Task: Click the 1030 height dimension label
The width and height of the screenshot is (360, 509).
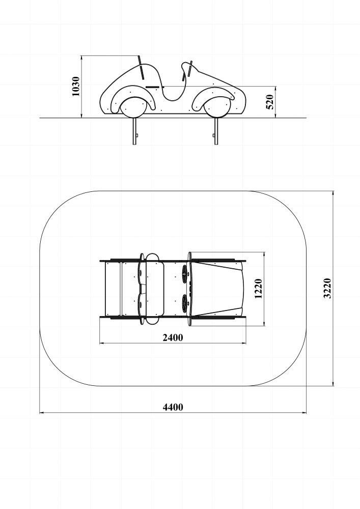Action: pyautogui.click(x=76, y=87)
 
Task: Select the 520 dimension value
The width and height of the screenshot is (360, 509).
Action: pyautogui.click(x=270, y=102)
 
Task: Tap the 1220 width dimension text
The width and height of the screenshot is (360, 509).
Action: pyautogui.click(x=258, y=289)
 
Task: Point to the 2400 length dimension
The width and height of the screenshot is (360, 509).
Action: pyautogui.click(x=173, y=337)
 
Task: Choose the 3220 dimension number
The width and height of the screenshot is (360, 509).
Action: pyautogui.click(x=327, y=288)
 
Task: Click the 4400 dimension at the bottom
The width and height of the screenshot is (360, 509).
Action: pyautogui.click(x=173, y=407)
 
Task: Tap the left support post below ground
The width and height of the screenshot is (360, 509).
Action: pyautogui.click(x=134, y=131)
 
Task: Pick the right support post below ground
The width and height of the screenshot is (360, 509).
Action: pyautogui.click(x=216, y=131)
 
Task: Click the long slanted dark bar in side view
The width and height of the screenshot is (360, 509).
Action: pyautogui.click(x=141, y=68)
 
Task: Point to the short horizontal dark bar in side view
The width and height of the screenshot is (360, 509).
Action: pyautogui.click(x=152, y=87)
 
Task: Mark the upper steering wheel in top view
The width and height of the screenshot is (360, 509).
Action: pyautogui.click(x=185, y=272)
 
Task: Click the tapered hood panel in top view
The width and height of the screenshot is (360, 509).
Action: pyautogui.click(x=217, y=289)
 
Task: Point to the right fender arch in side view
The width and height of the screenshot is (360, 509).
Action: pyautogui.click(x=213, y=97)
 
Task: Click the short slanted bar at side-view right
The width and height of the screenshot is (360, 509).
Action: pyautogui.click(x=190, y=69)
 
